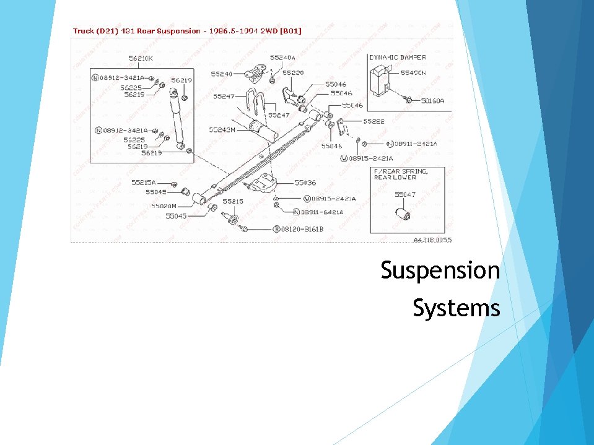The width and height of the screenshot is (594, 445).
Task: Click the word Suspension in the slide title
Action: [440, 270]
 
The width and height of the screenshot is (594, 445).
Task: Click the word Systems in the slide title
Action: [456, 308]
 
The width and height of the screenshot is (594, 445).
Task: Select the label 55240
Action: [221, 74]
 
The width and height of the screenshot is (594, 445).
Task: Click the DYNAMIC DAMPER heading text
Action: [398, 58]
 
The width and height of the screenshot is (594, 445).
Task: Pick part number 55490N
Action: [413, 73]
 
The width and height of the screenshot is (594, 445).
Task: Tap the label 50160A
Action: [432, 100]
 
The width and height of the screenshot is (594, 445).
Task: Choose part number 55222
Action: [373, 122]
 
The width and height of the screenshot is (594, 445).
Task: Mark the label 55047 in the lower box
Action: [405, 194]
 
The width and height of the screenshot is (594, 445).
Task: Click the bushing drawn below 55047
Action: [404, 214]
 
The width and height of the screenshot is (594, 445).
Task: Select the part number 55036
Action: [305, 183]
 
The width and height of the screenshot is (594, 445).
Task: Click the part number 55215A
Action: [143, 183]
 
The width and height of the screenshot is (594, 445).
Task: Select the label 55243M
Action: [222, 130]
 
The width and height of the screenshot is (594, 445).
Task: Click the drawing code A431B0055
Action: [432, 240]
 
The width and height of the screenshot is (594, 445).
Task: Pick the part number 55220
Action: [293, 72]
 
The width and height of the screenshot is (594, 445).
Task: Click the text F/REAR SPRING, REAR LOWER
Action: [400, 174]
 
